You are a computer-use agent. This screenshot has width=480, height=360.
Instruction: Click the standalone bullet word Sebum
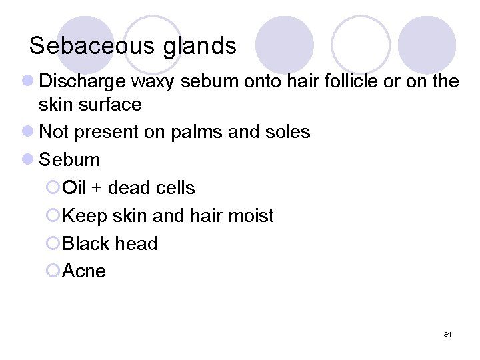70,160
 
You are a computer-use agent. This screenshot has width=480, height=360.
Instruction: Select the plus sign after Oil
96,188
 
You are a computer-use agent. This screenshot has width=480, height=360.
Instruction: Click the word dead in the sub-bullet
129,188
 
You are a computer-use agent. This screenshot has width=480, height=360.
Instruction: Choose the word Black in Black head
85,243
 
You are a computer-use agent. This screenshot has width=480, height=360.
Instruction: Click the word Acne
84,271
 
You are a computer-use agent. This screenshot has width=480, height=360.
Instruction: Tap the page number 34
447,334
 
